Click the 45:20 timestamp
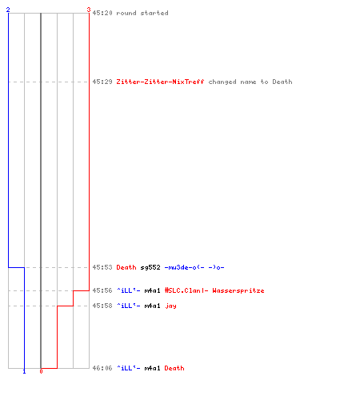[x=102, y=13]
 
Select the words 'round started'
[x=142, y=13]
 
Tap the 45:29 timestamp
[x=102, y=82]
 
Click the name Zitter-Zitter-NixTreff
[x=160, y=82]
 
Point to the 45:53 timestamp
[x=102, y=267]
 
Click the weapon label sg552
[x=150, y=267]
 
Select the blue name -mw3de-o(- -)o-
[x=194, y=267]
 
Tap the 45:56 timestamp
[x=102, y=290]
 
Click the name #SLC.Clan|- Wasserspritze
[x=214, y=290]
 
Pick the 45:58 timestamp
[x=102, y=306]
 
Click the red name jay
[x=170, y=306]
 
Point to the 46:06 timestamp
[x=102, y=368]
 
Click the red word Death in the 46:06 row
[x=174, y=368]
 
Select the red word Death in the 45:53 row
[x=126, y=267]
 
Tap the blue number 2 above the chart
[x=8, y=10]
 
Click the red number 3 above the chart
[x=89, y=10]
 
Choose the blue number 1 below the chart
[x=24, y=371]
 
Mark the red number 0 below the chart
[x=41, y=371]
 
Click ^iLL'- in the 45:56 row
[x=129, y=290]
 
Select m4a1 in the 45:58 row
[x=153, y=306]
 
